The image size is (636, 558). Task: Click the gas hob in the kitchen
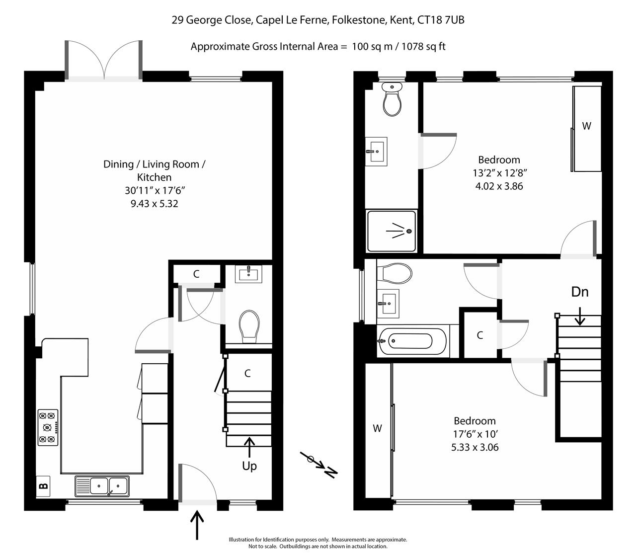pyautogui.click(x=48, y=427)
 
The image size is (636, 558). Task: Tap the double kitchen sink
pyautogui.click(x=102, y=486)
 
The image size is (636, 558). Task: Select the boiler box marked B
pyautogui.click(x=43, y=486)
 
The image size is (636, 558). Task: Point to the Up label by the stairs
pyautogui.click(x=249, y=466)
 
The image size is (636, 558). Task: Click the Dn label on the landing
pyautogui.click(x=579, y=292)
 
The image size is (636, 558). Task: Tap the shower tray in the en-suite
pyautogui.click(x=392, y=231)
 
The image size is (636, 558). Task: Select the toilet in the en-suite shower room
pyautogui.click(x=392, y=98)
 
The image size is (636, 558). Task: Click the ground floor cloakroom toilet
pyautogui.click(x=249, y=327)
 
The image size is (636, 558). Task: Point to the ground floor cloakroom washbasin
pyautogui.click(x=248, y=273)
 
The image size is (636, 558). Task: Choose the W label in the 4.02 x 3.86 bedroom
pyautogui.click(x=586, y=126)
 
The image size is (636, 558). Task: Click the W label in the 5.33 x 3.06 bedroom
pyautogui.click(x=377, y=428)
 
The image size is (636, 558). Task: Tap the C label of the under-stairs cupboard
pyautogui.click(x=247, y=373)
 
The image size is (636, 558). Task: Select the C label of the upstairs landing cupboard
pyautogui.click(x=479, y=335)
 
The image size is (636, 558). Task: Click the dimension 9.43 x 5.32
pyautogui.click(x=154, y=204)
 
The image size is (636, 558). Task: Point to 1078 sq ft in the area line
pyautogui.click(x=423, y=47)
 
